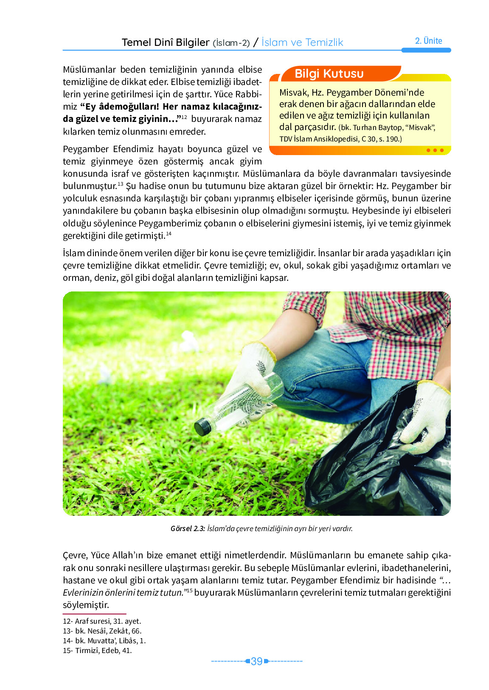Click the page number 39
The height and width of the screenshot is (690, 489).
(x=256, y=662)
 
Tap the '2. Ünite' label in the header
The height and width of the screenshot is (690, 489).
(x=428, y=41)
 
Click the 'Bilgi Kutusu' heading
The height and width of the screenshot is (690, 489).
(x=329, y=74)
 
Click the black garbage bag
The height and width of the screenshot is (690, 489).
(x=374, y=472)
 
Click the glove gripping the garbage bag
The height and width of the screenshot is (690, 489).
(x=427, y=416)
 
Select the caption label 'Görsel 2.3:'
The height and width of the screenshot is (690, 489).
(x=188, y=529)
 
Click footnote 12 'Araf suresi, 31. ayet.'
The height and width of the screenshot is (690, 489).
(x=102, y=621)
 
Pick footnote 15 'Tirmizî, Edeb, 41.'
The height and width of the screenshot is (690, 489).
(x=97, y=650)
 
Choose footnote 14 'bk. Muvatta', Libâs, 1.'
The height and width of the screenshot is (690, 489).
(x=104, y=641)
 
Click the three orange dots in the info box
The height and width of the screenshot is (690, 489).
(x=435, y=150)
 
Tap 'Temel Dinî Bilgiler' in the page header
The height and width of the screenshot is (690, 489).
(x=166, y=42)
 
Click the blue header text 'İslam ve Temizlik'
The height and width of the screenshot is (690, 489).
(x=302, y=42)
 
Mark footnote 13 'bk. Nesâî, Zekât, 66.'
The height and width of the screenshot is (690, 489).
(x=102, y=631)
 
